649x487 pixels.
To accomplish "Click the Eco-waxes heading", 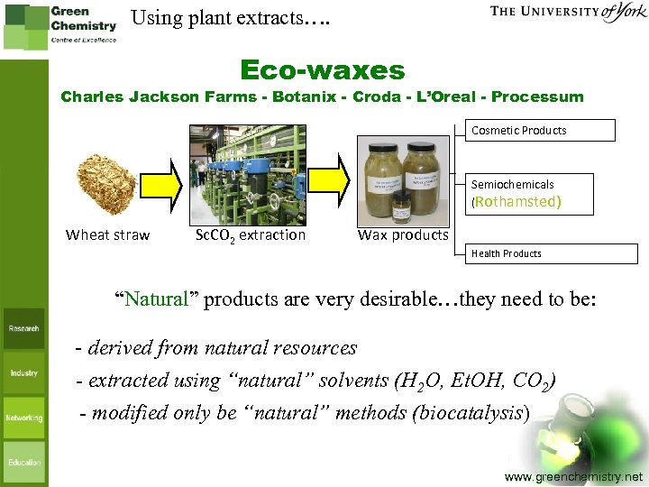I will [x=323, y=70].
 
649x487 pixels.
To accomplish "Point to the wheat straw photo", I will [x=107, y=183].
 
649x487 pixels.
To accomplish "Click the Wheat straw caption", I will [x=107, y=235].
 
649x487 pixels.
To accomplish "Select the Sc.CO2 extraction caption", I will [x=251, y=235].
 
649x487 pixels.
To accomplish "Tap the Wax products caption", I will [x=403, y=235].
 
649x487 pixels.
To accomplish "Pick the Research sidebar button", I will [x=24, y=329].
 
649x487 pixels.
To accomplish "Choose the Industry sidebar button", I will [x=24, y=372].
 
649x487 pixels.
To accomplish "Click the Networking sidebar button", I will [x=24, y=418].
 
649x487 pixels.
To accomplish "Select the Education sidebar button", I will [x=24, y=462].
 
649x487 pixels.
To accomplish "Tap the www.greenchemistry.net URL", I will [x=573, y=475].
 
